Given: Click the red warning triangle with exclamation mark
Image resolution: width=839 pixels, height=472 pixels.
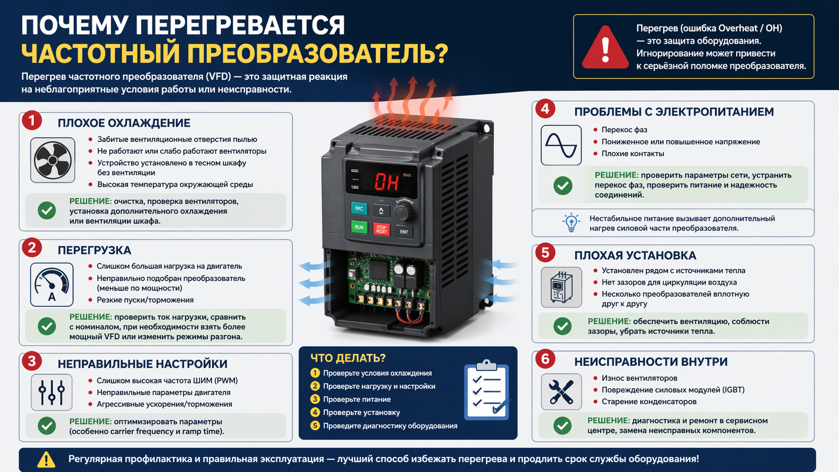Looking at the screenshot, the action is (605, 48).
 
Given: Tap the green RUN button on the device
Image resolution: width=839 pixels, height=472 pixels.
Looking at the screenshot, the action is (359, 227).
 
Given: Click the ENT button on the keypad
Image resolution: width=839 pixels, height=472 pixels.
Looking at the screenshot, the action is (404, 232).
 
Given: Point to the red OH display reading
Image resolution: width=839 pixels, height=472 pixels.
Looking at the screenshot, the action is (387, 182).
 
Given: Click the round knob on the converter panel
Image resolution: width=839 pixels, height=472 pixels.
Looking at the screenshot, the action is (403, 212).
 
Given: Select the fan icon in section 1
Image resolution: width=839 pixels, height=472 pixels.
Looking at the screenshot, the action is (53, 160).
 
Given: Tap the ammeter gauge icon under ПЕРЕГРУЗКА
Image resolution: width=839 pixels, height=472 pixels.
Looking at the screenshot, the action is (52, 284).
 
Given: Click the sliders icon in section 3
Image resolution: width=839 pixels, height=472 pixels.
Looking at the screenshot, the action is (52, 392).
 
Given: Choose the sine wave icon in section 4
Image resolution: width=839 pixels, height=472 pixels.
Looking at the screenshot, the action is (561, 145).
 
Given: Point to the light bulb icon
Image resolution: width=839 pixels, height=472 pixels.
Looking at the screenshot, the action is (571, 223).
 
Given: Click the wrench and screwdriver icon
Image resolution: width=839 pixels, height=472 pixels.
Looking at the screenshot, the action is (561, 392).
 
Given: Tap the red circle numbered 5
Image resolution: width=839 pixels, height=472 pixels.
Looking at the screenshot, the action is (545, 253).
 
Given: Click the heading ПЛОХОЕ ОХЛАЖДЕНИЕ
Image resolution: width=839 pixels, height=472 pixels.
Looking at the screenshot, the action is (124, 123).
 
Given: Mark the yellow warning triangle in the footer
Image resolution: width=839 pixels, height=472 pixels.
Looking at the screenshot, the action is (46, 459).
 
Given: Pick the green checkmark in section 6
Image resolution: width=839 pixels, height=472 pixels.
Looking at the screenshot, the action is (563, 425).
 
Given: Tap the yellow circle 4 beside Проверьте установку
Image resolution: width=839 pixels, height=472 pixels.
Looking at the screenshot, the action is (315, 412).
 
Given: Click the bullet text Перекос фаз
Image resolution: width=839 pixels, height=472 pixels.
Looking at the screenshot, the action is (624, 129).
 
